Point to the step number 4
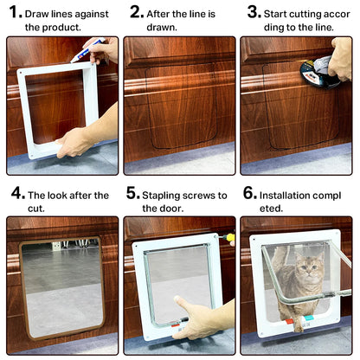pos(17,194)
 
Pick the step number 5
pos(132,194)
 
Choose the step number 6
pos(249,194)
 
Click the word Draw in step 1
pos(42,15)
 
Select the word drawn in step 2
pos(161,28)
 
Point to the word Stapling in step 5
pos(163,196)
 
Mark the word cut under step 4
pos(36,209)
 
